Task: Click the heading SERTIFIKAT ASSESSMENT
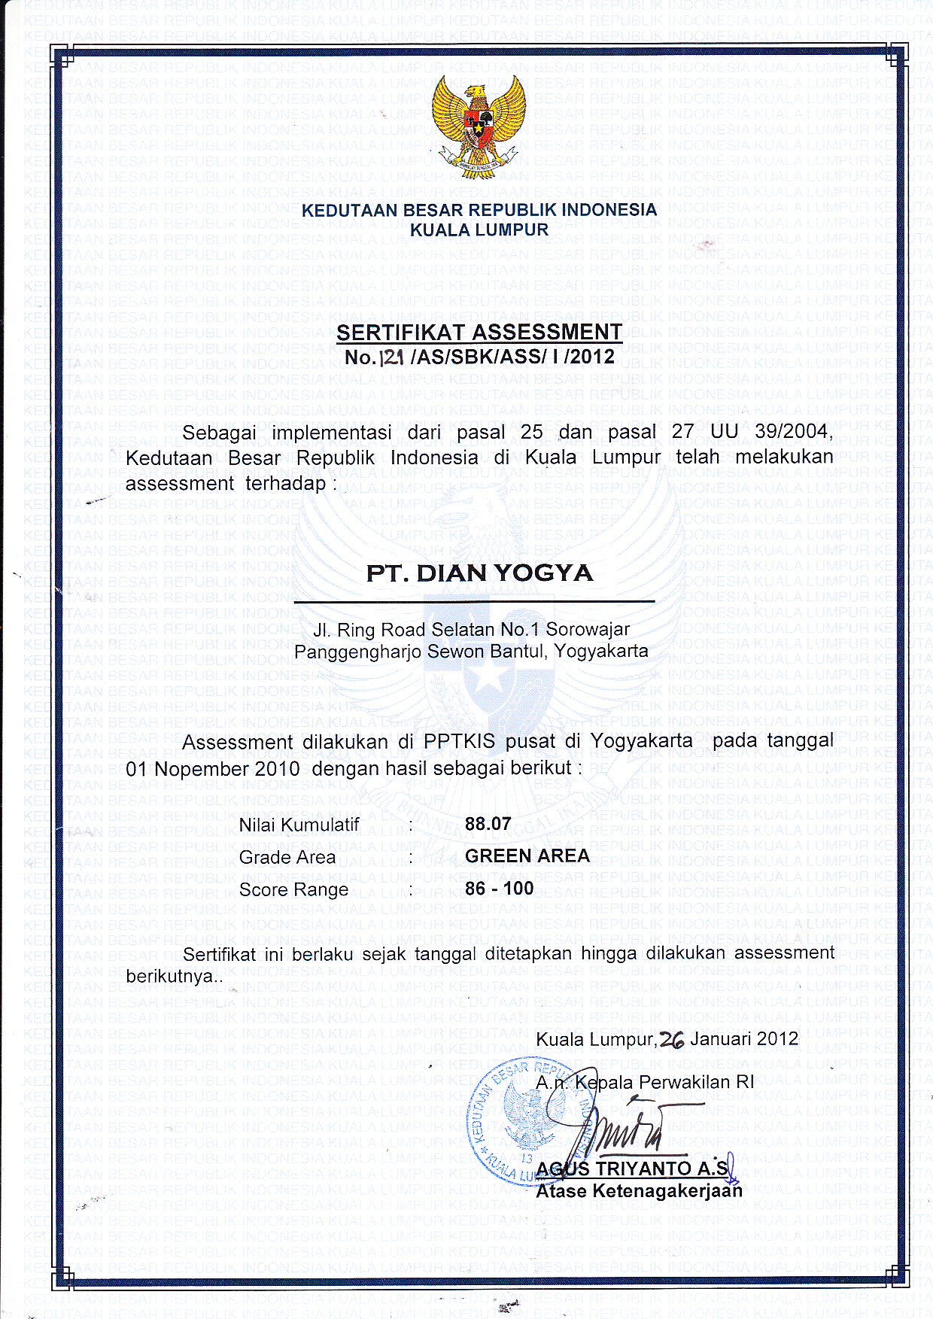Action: click(479, 332)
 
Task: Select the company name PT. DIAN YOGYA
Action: click(479, 573)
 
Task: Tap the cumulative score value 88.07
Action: click(488, 824)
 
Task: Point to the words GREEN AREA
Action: click(527, 856)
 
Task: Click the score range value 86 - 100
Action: click(499, 889)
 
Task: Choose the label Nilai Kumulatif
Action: click(299, 825)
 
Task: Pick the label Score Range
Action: click(293, 889)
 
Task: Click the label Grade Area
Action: click(287, 857)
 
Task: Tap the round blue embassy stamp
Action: click(519, 1121)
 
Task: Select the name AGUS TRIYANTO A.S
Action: click(632, 1169)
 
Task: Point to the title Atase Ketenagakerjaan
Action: click(639, 1190)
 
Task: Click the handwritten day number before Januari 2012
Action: click(671, 1040)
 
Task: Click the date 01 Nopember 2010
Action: click(213, 769)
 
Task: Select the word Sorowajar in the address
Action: click(588, 629)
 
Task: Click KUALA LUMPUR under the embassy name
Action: click(479, 230)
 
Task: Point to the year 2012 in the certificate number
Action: click(591, 356)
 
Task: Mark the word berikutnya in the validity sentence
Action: click(172, 977)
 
